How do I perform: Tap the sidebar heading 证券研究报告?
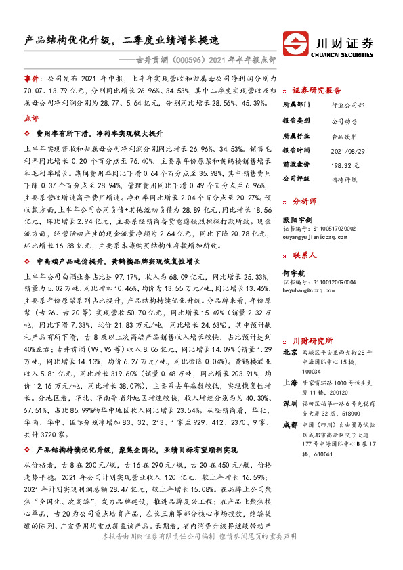316,89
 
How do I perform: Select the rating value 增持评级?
345,178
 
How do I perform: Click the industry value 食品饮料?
345,135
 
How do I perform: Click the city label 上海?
290,382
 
